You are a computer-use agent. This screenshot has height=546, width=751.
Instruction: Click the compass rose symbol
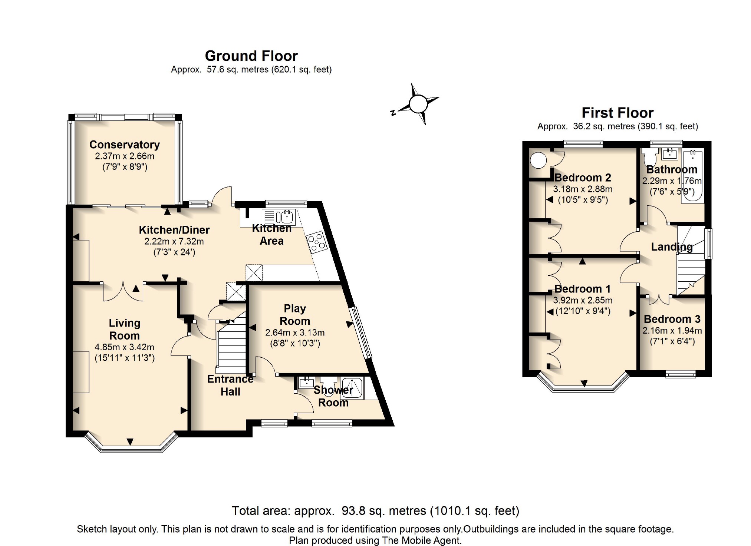418,104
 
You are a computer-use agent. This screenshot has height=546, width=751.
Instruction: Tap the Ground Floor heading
251,56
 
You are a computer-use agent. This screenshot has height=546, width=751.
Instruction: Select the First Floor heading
617,113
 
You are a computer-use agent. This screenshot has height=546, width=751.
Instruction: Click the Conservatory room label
125,145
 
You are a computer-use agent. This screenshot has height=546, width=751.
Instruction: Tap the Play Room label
294,315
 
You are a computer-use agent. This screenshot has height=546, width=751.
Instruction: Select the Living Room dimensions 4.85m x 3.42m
125,347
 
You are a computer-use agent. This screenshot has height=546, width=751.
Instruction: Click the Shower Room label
333,396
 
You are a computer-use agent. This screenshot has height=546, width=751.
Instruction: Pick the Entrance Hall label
230,385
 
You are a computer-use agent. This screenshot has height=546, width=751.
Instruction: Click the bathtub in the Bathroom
692,176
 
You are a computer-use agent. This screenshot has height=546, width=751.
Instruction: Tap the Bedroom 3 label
672,319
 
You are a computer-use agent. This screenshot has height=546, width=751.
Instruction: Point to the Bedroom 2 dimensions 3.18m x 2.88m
583,189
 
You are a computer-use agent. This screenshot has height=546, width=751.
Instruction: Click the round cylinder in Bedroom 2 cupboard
538,161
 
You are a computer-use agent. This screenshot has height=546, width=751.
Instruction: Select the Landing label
672,247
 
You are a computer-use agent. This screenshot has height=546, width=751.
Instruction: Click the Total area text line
375,511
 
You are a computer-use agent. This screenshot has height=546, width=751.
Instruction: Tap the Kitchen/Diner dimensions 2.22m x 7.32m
174,242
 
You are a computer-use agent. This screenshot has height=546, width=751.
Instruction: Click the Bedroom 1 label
582,289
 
